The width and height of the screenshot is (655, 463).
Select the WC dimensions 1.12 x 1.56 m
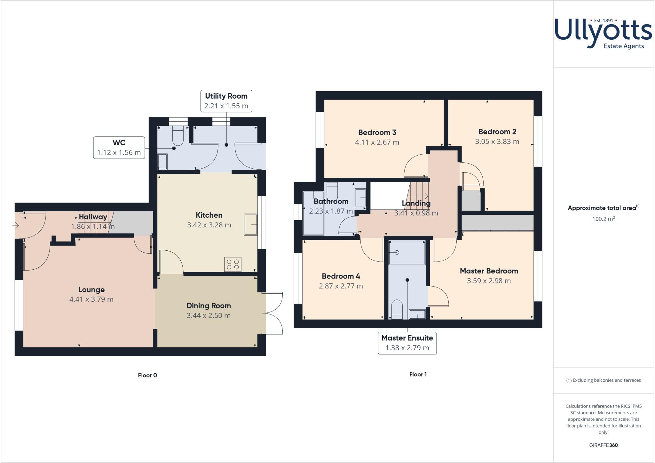click(x=119, y=153)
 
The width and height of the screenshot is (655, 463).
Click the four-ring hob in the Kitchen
click(x=233, y=264)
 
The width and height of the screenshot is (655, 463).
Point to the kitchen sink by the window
click(x=250, y=225)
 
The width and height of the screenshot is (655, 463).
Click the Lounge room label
click(x=91, y=290)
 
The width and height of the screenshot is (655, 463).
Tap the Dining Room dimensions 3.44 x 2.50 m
click(x=209, y=316)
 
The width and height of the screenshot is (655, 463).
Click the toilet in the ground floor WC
click(x=178, y=136)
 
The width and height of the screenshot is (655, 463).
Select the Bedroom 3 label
click(x=377, y=132)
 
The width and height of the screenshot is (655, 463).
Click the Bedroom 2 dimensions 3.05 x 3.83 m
click(x=497, y=142)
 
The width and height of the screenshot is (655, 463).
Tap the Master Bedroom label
click(x=489, y=271)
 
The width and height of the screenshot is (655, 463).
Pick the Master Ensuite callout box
click(x=407, y=343)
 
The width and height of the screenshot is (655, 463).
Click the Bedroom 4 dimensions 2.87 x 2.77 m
click(x=341, y=286)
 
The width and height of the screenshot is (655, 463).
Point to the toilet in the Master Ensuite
click(x=397, y=309)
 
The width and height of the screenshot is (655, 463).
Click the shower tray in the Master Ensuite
click(x=407, y=253)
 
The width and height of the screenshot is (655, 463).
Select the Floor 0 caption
click(x=147, y=375)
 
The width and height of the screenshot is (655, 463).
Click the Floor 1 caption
click(x=418, y=374)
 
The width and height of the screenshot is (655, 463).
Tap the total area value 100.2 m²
click(x=604, y=219)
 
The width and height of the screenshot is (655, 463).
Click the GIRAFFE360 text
click(x=603, y=445)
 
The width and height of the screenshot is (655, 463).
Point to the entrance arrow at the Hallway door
click(x=16, y=225)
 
